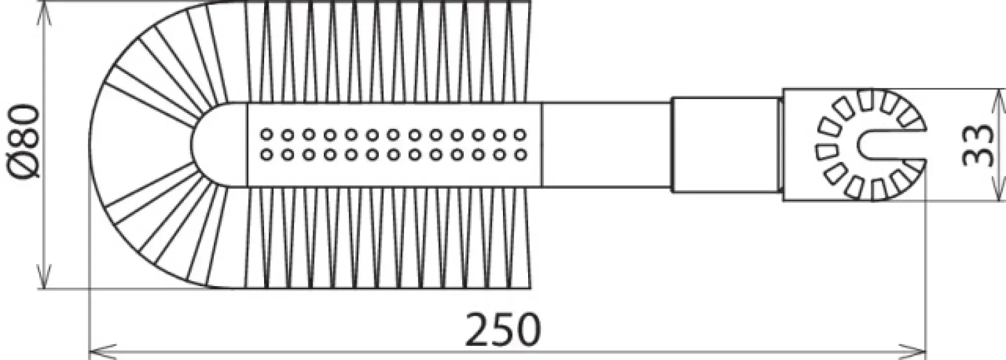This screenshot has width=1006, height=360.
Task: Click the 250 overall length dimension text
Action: point(503,330)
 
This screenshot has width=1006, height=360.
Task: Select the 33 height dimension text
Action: point(978,145)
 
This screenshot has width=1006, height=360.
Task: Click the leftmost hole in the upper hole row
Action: point(267,135)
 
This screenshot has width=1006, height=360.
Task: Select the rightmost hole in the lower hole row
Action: point(521,155)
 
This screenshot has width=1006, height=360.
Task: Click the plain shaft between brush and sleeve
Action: point(606,145)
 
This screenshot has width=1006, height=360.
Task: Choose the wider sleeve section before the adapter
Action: point(724,145)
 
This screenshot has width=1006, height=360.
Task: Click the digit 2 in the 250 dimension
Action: point(478,330)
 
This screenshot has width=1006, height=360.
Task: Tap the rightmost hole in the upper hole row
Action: point(521,135)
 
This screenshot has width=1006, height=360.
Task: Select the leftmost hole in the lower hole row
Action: point(267,155)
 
